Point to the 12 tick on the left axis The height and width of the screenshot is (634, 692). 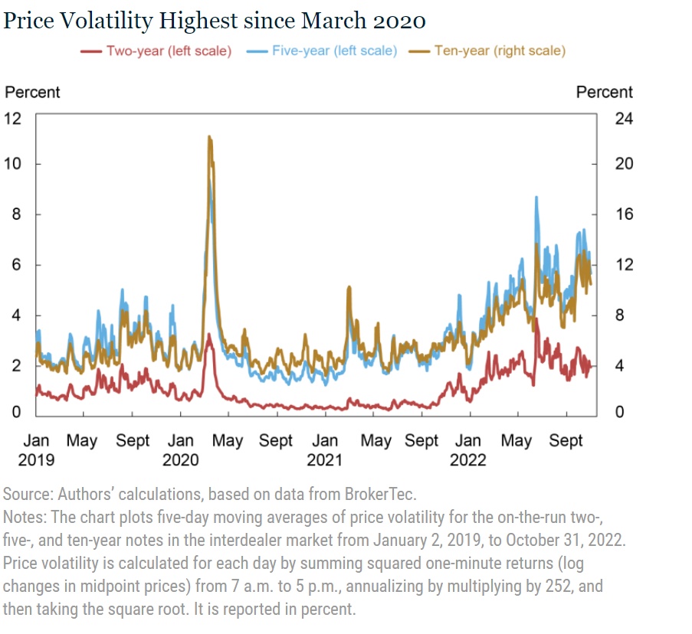tap(15, 118)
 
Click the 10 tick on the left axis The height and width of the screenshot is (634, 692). tap(15, 164)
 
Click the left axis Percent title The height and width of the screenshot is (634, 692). tap(32, 92)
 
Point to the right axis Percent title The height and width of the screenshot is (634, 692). tap(604, 92)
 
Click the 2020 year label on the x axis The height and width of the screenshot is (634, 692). tap(181, 459)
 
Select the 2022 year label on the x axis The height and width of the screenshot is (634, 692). tap(467, 459)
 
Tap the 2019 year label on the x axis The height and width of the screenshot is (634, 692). tap(36, 459)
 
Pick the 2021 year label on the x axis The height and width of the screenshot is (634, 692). tap(325, 459)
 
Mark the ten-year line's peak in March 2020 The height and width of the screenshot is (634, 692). tap(209, 137)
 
